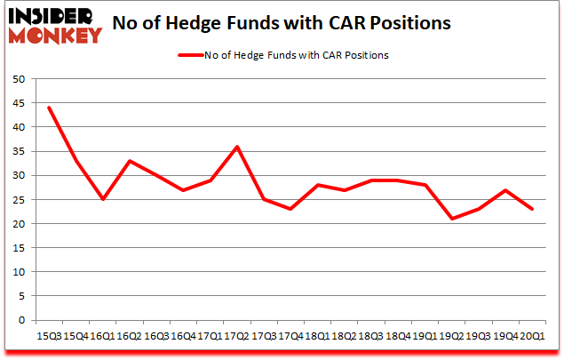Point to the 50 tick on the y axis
pos(18,79)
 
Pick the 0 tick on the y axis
pos(20,320)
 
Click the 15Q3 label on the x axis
pos(48,337)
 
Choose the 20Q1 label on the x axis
pos(533,337)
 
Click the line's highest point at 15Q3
pos(49,108)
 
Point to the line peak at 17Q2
pos(237,147)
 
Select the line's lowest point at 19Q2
pos(452,219)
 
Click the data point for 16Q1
pos(103,199)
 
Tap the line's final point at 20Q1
pos(533,209)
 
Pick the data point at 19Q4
pos(506,190)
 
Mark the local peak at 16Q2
pos(130,161)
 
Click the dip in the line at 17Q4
pos(291,209)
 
